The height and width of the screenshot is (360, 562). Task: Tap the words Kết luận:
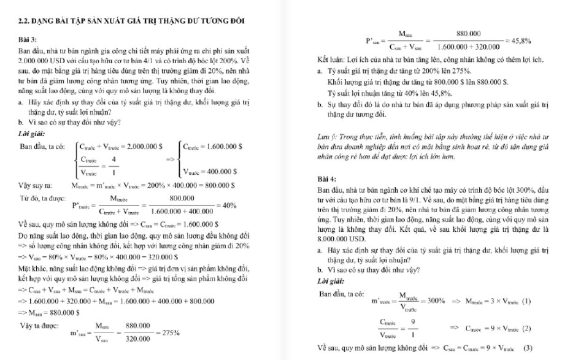(x=331, y=62)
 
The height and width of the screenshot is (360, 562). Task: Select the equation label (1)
(x=526, y=301)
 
